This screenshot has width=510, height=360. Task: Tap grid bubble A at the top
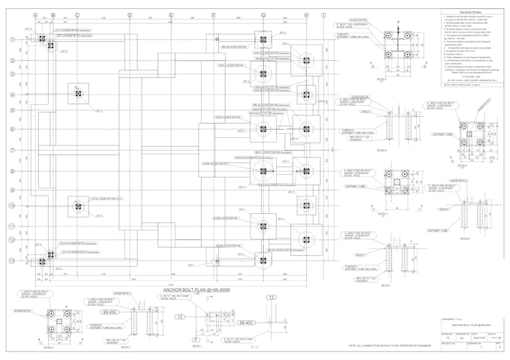[35, 15]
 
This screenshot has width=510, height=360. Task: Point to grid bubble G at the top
[263, 15]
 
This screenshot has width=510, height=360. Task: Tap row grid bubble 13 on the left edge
[12, 260]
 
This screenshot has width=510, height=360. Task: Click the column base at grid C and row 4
[77, 94]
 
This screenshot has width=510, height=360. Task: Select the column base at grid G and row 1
[263, 39]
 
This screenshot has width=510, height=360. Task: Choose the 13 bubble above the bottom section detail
[271, 298]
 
